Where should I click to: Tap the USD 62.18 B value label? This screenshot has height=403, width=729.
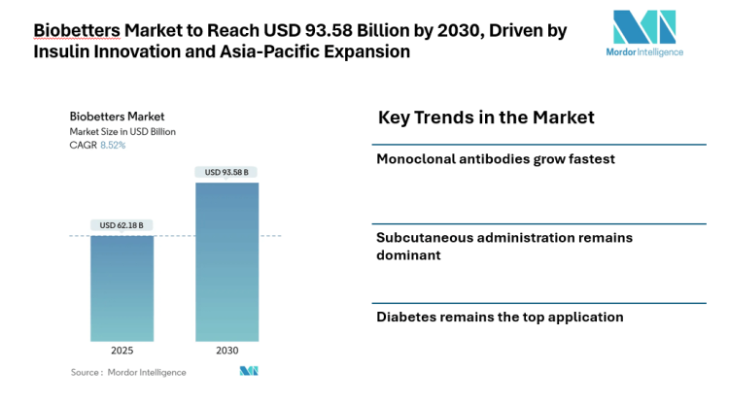121,225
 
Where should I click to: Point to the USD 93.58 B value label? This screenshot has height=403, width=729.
226,173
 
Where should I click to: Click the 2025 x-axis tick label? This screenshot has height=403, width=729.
121,350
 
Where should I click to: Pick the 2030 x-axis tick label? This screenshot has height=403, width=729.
226,350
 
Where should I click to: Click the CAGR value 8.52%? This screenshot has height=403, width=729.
113,145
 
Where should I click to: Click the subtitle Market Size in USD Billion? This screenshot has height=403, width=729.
121,131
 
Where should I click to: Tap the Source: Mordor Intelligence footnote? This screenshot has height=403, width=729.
128,372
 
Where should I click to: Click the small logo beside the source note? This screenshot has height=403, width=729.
249,371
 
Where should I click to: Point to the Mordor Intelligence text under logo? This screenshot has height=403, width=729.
643,51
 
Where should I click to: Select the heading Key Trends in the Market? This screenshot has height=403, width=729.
485,118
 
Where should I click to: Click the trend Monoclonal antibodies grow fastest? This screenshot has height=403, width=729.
496,158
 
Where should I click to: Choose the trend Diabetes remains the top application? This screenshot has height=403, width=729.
500,317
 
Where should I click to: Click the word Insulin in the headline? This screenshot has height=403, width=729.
61,51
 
